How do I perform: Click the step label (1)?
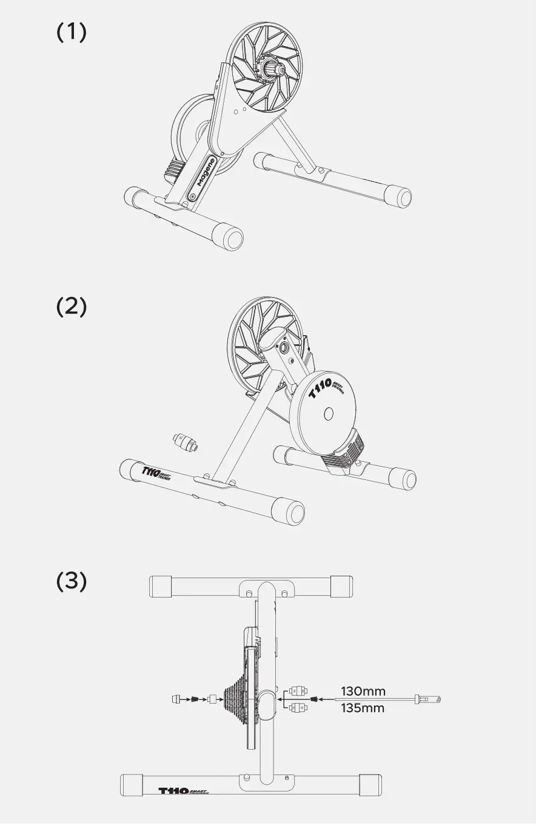[72, 33]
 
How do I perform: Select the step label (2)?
[72, 307]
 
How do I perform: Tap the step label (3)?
[72, 581]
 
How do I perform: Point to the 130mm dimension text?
[363, 691]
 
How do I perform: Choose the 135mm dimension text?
[363, 708]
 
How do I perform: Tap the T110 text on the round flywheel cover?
[320, 389]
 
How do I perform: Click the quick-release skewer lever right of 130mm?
[428, 699]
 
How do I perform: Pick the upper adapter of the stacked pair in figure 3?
[296, 690]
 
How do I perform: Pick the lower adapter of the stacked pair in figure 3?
[296, 707]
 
